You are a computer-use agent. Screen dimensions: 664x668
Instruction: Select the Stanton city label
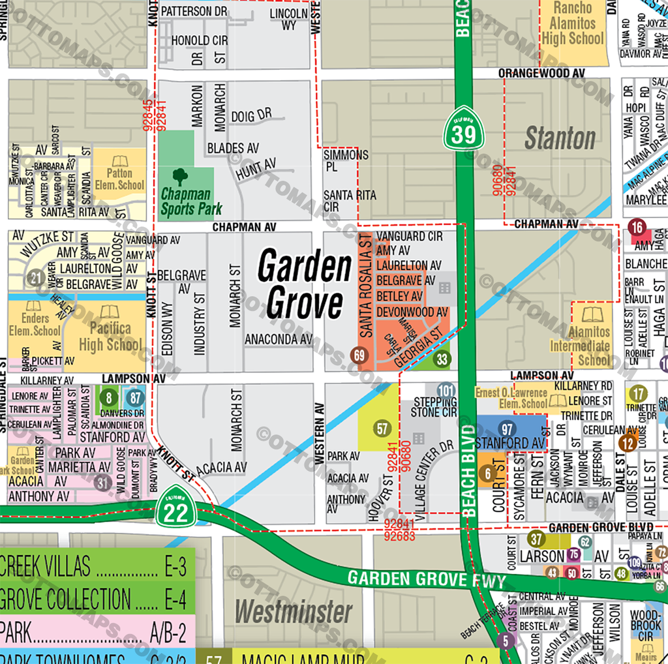[x=560, y=138]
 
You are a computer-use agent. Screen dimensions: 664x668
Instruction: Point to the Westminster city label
[x=294, y=612]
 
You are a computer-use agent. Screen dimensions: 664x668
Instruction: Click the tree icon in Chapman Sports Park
[x=180, y=176]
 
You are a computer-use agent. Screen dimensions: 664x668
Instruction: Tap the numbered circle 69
[x=357, y=355]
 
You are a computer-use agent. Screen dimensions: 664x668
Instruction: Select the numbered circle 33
[x=442, y=359]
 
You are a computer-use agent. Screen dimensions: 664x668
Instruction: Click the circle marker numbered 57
[x=382, y=429]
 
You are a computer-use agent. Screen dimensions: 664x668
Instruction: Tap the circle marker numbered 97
[x=507, y=429]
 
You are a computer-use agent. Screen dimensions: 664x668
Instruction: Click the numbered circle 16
[x=637, y=228]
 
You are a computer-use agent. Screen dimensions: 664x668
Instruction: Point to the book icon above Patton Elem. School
[x=120, y=161]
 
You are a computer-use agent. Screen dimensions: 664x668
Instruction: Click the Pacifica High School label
[x=110, y=336]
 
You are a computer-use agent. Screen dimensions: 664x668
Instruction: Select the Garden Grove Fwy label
[x=417, y=579]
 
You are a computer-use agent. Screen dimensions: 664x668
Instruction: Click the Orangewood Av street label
[x=541, y=74]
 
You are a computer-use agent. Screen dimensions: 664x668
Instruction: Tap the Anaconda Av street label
[x=279, y=339]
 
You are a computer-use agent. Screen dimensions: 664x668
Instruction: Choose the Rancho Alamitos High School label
[x=572, y=23]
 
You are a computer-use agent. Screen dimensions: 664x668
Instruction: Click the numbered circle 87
[x=135, y=397]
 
